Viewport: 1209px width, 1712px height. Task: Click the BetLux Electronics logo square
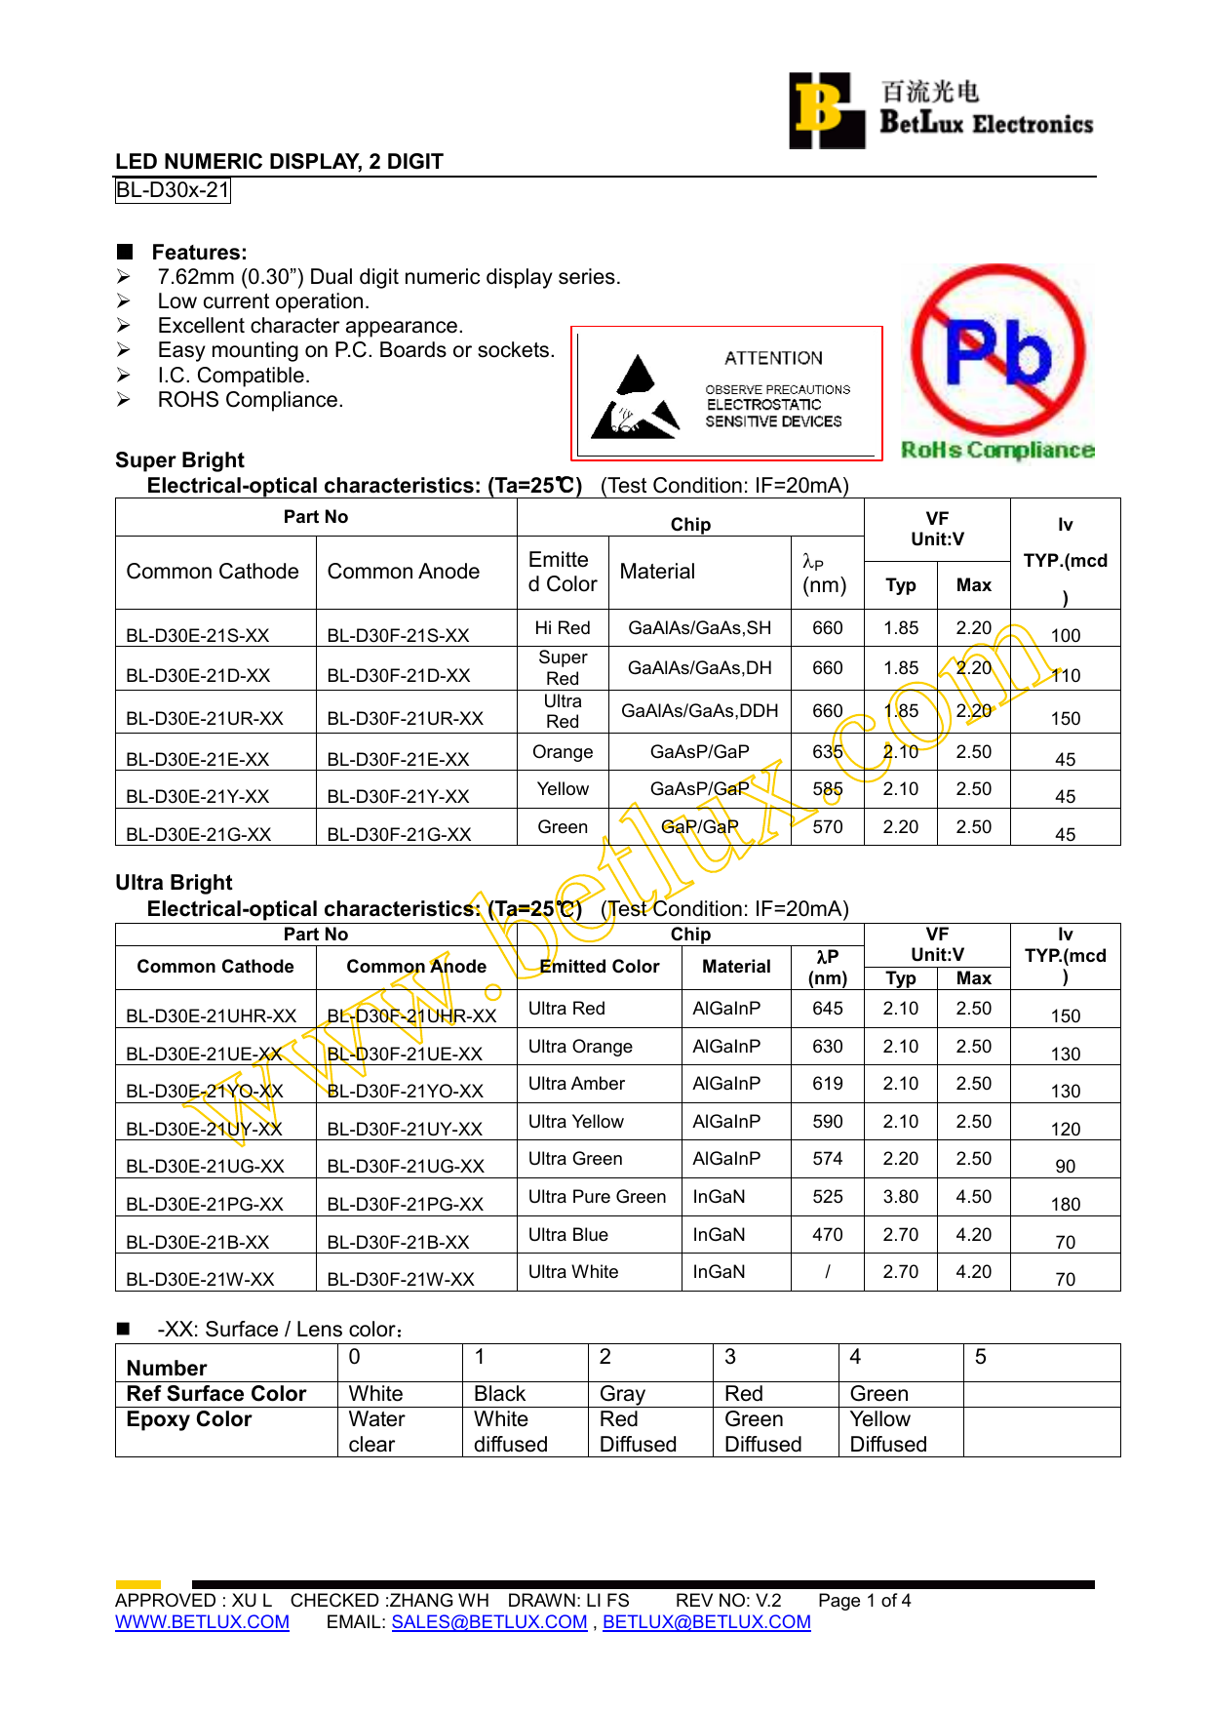[x=826, y=110]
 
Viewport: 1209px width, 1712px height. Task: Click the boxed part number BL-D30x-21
[x=173, y=190]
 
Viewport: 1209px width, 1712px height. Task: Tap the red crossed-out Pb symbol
[x=997, y=350]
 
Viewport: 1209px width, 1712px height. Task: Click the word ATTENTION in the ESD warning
[x=773, y=358]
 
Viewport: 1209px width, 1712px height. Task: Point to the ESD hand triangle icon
[x=635, y=398]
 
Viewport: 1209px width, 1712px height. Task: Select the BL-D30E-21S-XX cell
[x=198, y=635]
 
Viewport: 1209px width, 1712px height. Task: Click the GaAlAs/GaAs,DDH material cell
[x=699, y=711]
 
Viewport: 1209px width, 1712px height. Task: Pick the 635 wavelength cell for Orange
[x=827, y=752]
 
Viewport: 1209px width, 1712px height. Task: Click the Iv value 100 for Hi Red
[x=1065, y=635]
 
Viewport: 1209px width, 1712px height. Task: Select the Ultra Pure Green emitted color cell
[x=597, y=1197]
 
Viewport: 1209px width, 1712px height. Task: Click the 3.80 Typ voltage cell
[x=900, y=1197]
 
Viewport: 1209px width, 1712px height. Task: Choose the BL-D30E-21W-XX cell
[x=200, y=1279]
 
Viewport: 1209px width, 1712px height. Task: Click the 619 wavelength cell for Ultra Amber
[x=827, y=1084]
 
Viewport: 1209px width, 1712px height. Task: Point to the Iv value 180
[x=1065, y=1204]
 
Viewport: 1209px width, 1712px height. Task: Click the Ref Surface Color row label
[x=216, y=1394]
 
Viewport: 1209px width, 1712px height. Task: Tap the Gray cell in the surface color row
[x=622, y=1394]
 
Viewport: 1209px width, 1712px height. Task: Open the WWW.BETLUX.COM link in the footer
[x=202, y=1622]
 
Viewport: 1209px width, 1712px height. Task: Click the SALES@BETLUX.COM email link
[x=489, y=1622]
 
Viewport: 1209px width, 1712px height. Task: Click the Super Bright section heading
[x=179, y=460]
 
